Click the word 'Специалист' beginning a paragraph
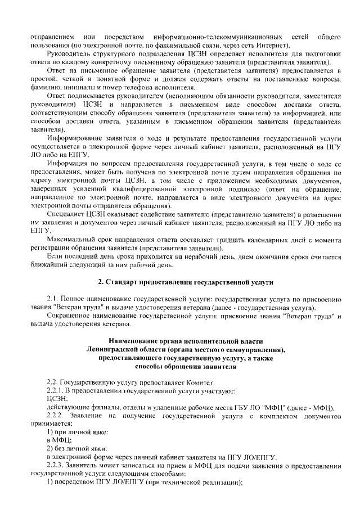coord(66,215)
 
